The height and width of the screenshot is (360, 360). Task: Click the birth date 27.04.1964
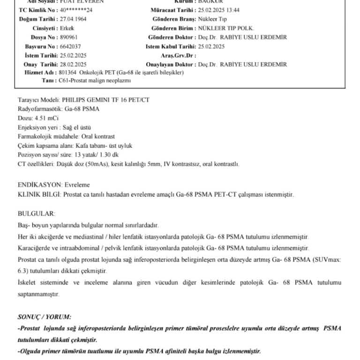tap(74, 19)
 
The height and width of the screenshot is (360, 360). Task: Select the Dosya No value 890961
tap(69, 37)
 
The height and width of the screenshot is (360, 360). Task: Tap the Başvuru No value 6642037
tap(71, 46)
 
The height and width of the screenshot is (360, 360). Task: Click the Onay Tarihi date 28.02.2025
tap(74, 64)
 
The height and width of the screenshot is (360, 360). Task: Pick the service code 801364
tap(68, 73)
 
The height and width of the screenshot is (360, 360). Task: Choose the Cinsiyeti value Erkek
tap(67, 28)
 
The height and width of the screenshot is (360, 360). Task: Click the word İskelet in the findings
tap(28, 283)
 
